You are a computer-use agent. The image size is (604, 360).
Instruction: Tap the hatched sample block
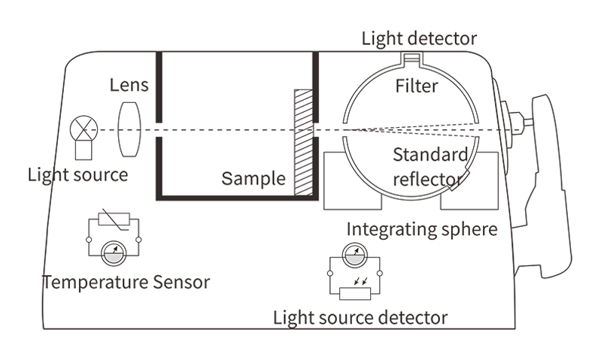tap(302, 143)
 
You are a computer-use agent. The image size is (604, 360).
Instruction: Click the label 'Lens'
tap(129, 85)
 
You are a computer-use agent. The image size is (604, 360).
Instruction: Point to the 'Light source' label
tap(77, 175)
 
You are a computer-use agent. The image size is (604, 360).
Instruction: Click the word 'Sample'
tap(253, 179)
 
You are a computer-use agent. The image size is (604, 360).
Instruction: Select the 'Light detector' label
tap(418, 38)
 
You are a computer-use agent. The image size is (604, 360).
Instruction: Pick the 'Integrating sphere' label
tap(422, 228)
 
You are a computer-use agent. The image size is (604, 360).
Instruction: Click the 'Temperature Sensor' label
tap(126, 283)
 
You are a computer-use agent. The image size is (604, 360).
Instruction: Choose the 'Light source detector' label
tap(361, 317)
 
